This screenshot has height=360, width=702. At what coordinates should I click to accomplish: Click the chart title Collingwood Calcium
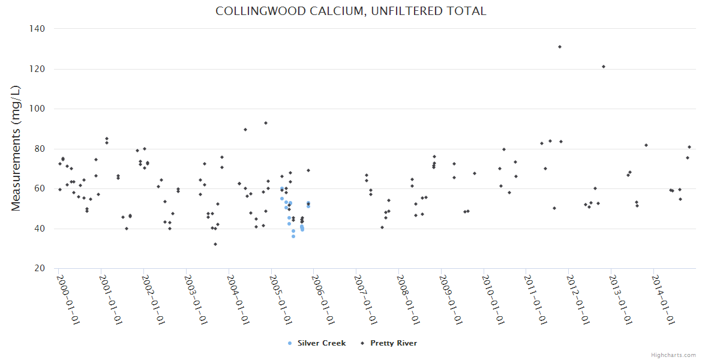[x=351, y=11]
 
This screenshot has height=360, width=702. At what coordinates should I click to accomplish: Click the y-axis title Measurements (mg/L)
[x=16, y=148]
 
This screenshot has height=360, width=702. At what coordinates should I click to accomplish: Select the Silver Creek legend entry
[x=322, y=343]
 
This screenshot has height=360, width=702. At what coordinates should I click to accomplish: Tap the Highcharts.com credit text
[x=673, y=355]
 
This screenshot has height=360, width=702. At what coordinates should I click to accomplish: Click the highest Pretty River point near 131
[x=560, y=47]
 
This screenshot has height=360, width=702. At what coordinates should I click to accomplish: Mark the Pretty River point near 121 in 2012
[x=604, y=67]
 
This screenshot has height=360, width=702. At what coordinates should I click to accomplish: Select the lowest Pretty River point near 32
[x=215, y=244]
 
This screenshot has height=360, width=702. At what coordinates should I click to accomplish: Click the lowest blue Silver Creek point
[x=293, y=236]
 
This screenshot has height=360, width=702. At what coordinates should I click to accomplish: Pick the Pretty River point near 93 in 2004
[x=266, y=123]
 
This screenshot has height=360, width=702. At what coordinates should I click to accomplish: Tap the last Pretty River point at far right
[x=689, y=147]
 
